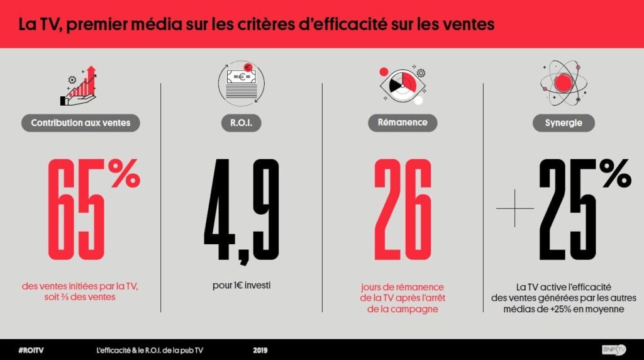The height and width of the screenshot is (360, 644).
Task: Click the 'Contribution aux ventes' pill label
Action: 80,123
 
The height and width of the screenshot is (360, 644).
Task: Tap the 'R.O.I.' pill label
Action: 241,123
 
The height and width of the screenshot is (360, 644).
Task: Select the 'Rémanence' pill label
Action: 402,123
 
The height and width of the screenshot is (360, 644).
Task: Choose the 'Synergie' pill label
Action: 563,123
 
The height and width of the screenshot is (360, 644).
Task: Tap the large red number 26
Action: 402,211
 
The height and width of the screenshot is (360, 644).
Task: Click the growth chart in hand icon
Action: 80,86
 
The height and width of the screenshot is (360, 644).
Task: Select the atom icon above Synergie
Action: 563,84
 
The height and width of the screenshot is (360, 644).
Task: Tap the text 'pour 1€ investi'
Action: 241,286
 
